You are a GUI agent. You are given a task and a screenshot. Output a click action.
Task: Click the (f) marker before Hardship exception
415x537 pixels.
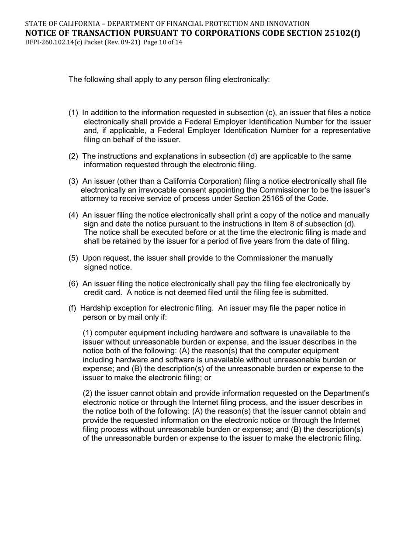point(73,308)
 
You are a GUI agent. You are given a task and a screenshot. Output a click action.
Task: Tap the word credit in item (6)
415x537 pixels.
point(93,293)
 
